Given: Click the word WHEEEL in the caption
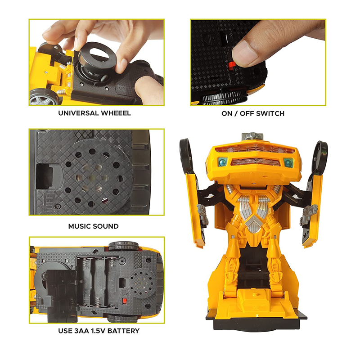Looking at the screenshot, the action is click(x=116, y=113).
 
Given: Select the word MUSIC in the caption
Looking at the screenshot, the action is click(x=79, y=226).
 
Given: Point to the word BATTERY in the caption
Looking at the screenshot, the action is click(x=123, y=331).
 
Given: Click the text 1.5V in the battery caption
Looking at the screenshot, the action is click(x=98, y=331).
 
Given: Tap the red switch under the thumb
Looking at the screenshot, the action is click(x=231, y=66).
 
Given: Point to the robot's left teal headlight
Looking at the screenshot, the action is click(x=222, y=162).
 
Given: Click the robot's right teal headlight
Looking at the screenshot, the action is click(x=288, y=163).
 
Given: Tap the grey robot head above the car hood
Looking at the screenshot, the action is click(x=252, y=136).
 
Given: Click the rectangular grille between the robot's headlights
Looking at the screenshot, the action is click(x=255, y=162).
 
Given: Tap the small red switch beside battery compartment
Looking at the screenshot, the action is click(x=125, y=301).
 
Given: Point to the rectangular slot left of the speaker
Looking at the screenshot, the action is click(x=45, y=176).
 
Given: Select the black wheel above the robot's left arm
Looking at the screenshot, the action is click(x=185, y=155).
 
